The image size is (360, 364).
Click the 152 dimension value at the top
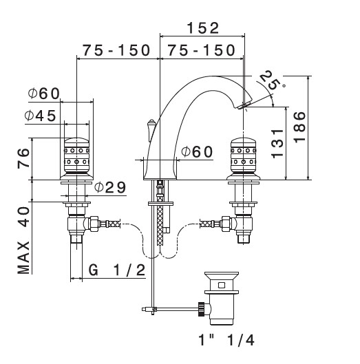[203, 28]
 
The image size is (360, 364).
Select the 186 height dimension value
[299, 127]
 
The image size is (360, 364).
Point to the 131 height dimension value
[277, 143]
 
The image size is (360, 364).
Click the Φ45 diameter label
[41, 116]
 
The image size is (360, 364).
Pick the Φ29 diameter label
[110, 187]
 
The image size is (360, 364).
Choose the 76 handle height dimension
[23, 158]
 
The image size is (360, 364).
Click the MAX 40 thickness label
[23, 240]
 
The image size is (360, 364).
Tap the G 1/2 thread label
[117, 270]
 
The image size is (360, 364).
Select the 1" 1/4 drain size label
[226, 340]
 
